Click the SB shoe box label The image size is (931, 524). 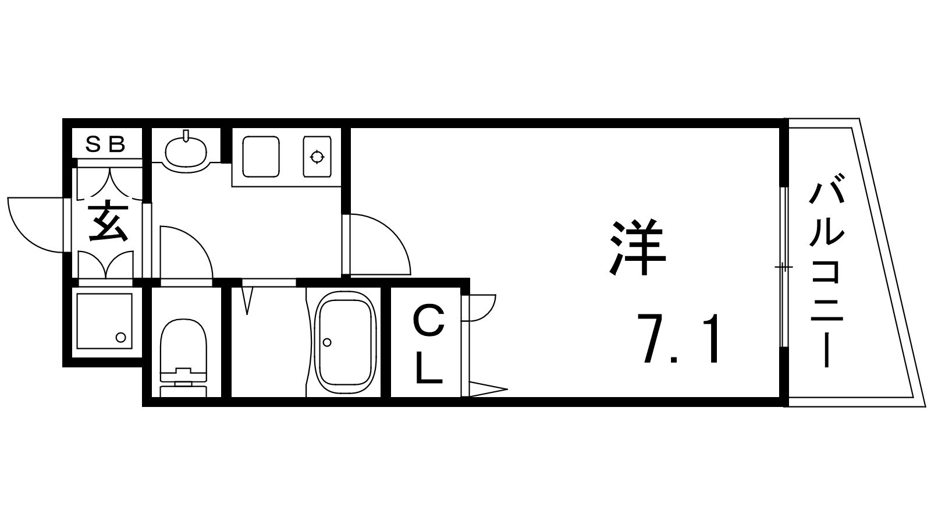[x=105, y=144]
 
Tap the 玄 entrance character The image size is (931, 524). [x=108, y=221]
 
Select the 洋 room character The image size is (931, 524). [x=637, y=246]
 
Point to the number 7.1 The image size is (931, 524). [x=678, y=338]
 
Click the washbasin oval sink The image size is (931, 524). [x=186, y=151]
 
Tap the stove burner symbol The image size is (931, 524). [x=318, y=157]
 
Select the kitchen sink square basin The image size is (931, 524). [x=261, y=157]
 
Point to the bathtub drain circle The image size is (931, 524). [x=327, y=342]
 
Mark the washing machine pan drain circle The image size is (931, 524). [x=120, y=337]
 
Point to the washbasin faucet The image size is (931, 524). [x=186, y=136]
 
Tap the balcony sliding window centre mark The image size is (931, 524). [x=783, y=266]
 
